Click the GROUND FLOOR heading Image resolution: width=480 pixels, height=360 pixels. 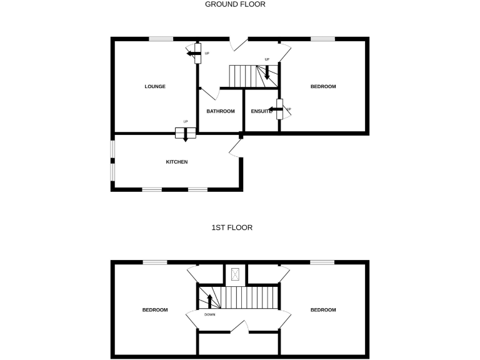(x=235, y=4)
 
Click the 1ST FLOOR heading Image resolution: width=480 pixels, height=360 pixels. (x=232, y=227)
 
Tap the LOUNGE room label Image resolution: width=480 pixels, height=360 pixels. (x=155, y=86)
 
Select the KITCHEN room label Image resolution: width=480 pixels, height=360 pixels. (x=176, y=162)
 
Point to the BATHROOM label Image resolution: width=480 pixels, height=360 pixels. (x=221, y=111)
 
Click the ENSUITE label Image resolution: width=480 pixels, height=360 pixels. (x=261, y=111)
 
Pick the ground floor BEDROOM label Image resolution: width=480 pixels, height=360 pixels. (x=323, y=86)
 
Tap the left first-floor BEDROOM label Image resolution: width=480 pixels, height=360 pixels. (x=154, y=310)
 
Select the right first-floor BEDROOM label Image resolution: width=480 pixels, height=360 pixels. (x=323, y=310)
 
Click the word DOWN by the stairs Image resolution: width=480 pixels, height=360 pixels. (x=210, y=314)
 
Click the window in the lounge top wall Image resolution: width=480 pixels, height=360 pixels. (x=161, y=39)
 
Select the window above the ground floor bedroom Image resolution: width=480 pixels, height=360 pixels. (x=323, y=39)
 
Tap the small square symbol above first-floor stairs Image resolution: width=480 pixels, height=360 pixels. (x=236, y=273)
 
